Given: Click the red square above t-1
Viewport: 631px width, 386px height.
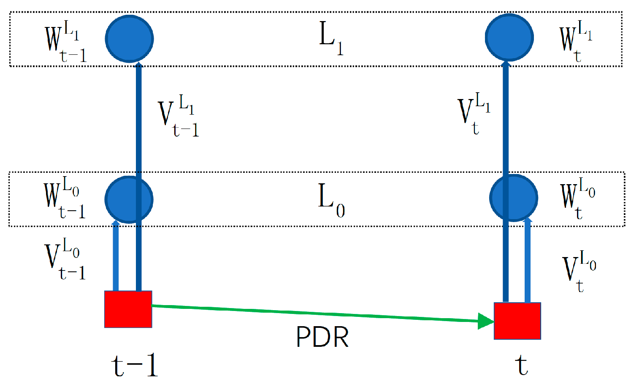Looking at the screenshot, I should (128, 309).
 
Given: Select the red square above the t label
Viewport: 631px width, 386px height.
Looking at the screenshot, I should (517, 321).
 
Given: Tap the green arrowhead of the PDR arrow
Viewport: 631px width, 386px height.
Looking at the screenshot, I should (485, 321).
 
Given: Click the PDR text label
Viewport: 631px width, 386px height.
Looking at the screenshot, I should (322, 337).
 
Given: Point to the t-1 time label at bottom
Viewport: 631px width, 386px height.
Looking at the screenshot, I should (135, 365).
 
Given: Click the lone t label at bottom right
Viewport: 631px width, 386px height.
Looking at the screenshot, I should (522, 365).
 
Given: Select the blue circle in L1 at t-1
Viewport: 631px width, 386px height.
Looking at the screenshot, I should (129, 39).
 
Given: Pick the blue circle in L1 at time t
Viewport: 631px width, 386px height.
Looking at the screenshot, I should (509, 37).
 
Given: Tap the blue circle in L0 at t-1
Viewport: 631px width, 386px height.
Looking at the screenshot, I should (129, 199).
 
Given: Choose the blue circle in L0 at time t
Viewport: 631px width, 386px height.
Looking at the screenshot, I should (514, 197).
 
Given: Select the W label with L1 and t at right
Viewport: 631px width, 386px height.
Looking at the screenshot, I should (576, 41).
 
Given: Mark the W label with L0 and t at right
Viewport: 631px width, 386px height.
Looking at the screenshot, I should (577, 198).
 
